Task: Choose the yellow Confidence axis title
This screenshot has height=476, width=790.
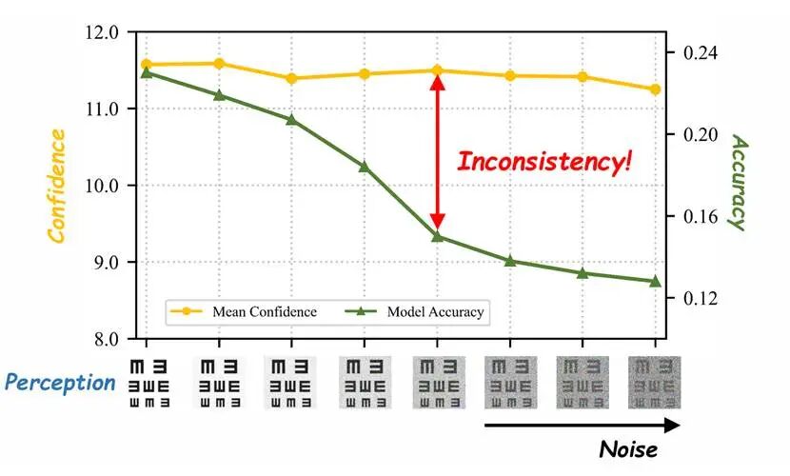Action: pos(57,186)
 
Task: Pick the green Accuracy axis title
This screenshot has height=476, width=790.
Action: pos(738,181)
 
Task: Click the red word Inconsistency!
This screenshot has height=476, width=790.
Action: pos(543,161)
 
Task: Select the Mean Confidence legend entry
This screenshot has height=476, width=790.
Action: pos(243,311)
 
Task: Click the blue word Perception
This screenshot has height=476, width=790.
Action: pos(60,383)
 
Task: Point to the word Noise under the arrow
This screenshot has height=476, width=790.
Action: pos(629,447)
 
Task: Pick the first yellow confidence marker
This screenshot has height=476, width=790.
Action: pos(146,65)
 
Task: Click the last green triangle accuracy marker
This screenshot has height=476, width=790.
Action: pos(656,281)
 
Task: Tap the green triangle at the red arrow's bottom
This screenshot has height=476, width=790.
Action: pos(437,235)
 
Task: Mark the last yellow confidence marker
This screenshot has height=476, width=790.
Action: pos(656,89)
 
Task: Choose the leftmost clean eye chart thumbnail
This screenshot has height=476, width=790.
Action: pos(148,383)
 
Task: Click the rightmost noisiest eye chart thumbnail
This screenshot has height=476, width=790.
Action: pos(655,383)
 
